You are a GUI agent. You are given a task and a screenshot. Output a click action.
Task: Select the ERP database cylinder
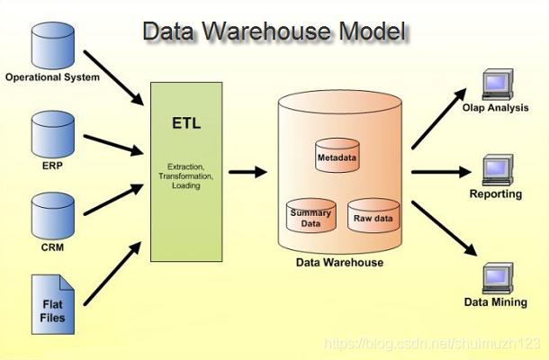(x=52, y=133)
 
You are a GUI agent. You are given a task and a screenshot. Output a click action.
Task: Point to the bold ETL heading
(x=187, y=123)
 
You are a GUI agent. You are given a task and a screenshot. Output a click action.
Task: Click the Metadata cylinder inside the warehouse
(x=337, y=155)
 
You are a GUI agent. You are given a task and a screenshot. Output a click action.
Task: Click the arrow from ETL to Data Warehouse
(x=247, y=170)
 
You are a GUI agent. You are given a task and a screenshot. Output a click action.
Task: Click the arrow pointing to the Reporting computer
(x=442, y=170)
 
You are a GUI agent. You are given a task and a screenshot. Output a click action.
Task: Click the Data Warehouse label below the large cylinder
(x=339, y=263)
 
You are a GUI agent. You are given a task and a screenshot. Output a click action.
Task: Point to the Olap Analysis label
(x=495, y=108)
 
